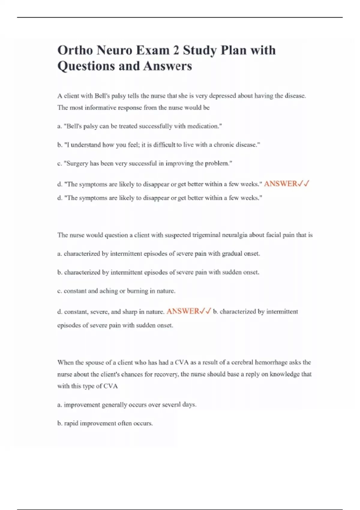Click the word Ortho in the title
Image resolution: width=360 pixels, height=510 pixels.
75,50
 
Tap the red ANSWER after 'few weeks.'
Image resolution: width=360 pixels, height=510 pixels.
280,184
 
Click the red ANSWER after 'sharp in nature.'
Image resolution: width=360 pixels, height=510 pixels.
183,311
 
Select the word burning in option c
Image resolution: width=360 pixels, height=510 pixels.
137,291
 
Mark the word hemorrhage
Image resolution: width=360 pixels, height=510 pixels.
271,362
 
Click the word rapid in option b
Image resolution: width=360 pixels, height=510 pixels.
71,424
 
